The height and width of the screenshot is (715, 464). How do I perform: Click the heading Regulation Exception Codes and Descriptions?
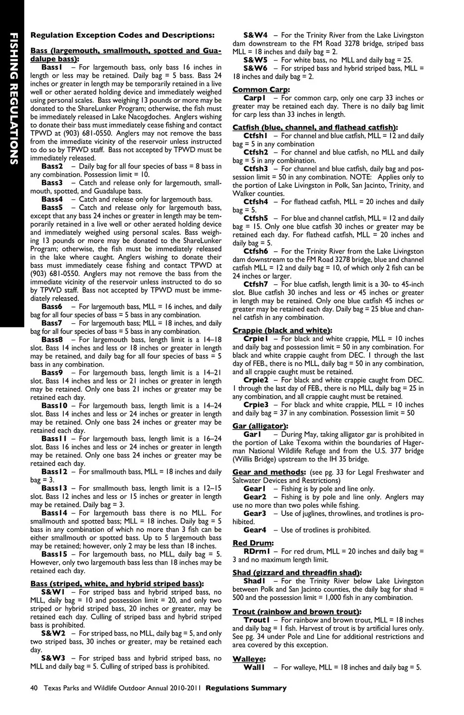tap(122, 35)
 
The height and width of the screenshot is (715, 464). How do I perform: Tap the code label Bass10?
tap(55, 405)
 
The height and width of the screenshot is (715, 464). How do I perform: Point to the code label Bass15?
tap(55, 554)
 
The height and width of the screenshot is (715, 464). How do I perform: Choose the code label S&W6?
tap(255, 68)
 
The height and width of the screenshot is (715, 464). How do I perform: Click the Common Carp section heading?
tap(261, 89)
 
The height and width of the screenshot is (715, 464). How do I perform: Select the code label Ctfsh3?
tap(256, 169)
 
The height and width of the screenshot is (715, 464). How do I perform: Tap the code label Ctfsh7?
tap(256, 284)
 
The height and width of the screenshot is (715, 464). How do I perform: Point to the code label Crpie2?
tap(256, 380)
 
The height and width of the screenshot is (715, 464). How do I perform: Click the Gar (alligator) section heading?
tap(260, 426)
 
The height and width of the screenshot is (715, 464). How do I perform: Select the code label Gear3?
tap(255, 513)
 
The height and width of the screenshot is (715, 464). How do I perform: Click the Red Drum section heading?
tap(252, 543)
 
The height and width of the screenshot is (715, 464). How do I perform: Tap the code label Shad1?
tap(255, 581)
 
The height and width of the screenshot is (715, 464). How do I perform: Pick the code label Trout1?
tap(256, 620)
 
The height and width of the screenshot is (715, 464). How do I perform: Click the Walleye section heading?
tap(248, 659)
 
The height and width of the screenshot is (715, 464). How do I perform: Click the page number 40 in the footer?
tap(34, 688)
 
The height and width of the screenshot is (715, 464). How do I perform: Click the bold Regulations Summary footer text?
tap(246, 688)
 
